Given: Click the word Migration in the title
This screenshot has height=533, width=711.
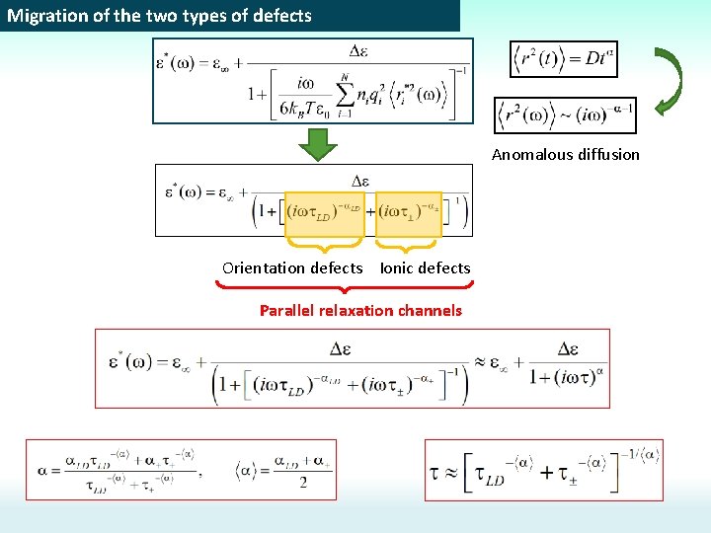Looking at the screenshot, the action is [41, 16].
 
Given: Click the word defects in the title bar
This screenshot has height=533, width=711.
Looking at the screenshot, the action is [280, 16].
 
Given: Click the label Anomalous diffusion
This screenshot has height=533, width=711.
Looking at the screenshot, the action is [566, 154].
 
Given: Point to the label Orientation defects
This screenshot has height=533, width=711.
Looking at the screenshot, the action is [292, 267].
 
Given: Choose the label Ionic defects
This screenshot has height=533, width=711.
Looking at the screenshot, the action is [426, 267].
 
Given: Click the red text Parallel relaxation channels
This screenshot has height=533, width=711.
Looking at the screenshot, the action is [360, 310].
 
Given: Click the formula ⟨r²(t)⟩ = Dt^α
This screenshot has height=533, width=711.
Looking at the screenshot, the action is [562, 59].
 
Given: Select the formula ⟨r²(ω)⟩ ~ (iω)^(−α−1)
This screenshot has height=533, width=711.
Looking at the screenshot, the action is [564, 115].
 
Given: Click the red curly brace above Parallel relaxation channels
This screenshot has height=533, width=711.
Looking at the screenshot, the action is [344, 287].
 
